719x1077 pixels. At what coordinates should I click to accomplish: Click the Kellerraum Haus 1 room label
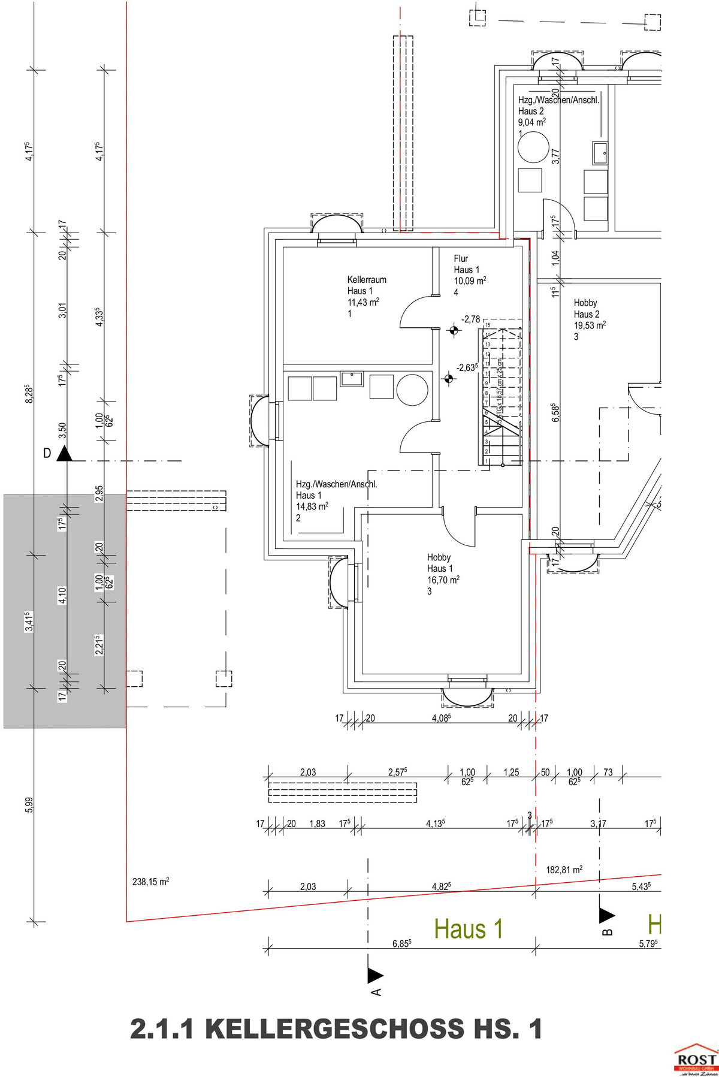366,285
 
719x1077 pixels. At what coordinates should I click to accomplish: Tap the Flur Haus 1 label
467,264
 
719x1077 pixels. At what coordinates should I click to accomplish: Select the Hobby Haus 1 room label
439,563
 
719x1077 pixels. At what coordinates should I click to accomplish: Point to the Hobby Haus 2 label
586,309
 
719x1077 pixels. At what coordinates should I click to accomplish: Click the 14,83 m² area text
312,506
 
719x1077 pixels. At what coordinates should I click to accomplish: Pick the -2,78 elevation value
470,319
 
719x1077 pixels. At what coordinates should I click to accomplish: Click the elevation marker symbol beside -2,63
448,378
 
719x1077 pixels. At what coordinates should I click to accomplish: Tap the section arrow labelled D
64,454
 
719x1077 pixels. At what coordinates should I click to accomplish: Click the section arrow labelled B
606,915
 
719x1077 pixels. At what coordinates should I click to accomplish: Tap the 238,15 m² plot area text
150,882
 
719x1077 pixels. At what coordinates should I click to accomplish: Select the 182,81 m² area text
564,869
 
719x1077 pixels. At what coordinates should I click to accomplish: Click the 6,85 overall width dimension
401,944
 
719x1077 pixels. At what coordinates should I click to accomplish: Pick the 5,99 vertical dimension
29,804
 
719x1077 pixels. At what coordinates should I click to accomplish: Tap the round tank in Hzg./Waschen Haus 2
533,147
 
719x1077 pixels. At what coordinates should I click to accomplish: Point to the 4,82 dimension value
441,886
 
